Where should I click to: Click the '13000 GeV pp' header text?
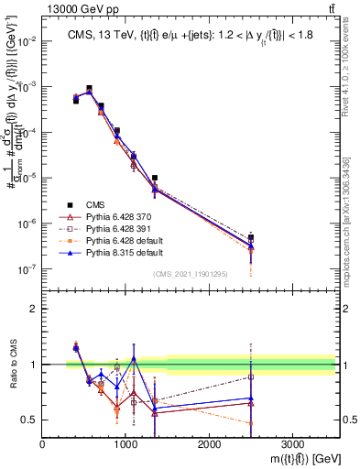pyautogui.click(x=80, y=8)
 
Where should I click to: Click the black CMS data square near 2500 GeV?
pyautogui.click(x=251, y=238)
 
